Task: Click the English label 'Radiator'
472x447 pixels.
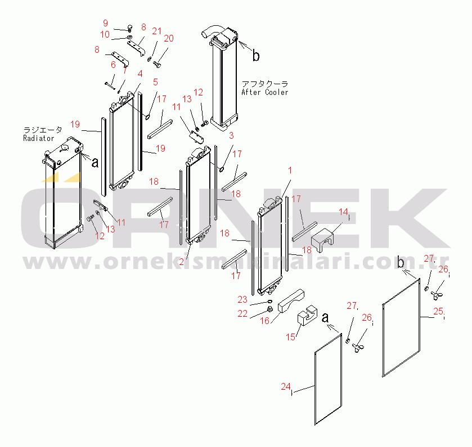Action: [38, 138]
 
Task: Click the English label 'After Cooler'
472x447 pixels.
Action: [265, 92]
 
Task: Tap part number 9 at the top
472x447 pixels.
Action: [105, 23]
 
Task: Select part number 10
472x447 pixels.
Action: [105, 35]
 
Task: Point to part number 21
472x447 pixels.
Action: [157, 31]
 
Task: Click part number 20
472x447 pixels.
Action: [169, 38]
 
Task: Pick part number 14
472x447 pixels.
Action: [344, 212]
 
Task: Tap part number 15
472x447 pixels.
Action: [290, 337]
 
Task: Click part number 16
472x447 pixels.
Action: [264, 321]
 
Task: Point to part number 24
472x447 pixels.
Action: [286, 386]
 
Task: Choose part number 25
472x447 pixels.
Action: [438, 311]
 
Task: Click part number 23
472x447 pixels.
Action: [242, 299]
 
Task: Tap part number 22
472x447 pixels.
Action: [242, 313]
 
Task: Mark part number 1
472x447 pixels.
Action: [290, 171]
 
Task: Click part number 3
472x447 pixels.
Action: [231, 135]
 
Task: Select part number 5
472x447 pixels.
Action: [155, 82]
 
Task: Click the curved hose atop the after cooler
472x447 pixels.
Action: [212, 31]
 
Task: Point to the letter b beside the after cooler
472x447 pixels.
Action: [256, 56]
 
